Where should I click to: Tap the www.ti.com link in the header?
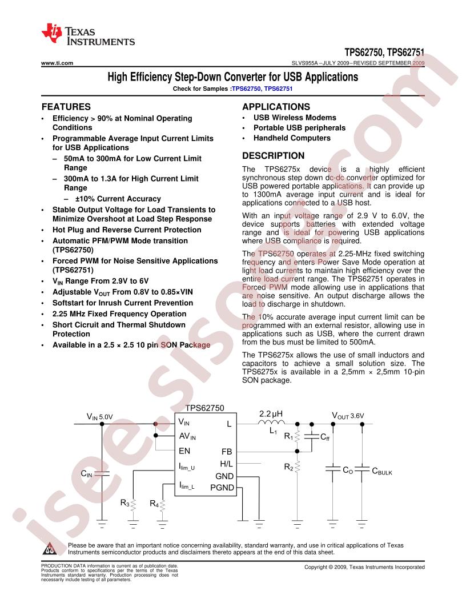57,63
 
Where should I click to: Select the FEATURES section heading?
66,107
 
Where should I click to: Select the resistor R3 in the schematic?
133,505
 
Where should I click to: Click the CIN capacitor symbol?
102,473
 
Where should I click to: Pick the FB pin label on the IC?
227,451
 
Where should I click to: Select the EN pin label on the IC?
184,451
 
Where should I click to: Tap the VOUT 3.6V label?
348,415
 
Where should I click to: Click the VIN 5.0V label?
99,417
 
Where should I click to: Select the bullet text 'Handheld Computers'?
292,138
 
